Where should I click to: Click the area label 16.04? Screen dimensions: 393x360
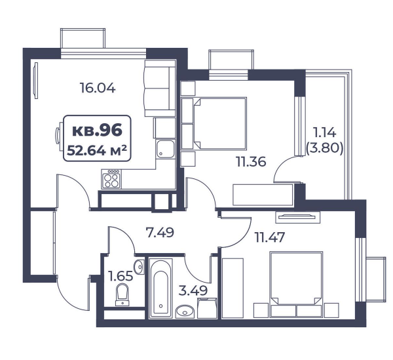(98, 88)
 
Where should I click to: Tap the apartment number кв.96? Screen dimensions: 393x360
(97, 130)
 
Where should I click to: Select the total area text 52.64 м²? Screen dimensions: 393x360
(97, 151)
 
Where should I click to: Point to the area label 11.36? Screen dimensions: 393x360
(251, 162)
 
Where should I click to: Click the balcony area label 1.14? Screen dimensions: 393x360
(325, 132)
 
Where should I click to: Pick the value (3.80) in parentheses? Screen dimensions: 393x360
(325, 148)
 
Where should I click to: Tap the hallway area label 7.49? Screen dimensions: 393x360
(160, 233)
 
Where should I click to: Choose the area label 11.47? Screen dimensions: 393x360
(270, 237)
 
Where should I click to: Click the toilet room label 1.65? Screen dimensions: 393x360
(121, 276)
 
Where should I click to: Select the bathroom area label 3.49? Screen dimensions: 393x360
(193, 290)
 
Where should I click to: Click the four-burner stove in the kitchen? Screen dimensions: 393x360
(111, 179)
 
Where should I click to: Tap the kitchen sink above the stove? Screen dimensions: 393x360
(165, 149)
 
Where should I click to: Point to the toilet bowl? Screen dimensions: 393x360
(122, 295)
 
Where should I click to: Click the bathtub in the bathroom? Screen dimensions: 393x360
(160, 287)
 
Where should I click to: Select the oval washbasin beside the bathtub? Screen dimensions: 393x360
(185, 311)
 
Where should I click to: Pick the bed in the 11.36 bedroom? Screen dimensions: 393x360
(219, 123)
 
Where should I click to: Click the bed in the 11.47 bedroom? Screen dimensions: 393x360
(296, 278)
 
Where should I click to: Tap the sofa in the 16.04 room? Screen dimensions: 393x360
(160, 88)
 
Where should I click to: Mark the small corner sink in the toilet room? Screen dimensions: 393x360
(139, 267)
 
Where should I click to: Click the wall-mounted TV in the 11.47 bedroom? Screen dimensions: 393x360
(298, 216)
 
